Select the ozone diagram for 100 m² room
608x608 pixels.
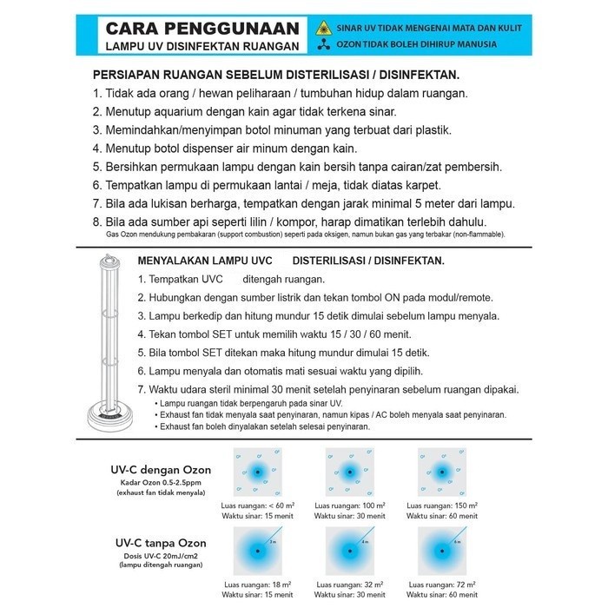(350, 472)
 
